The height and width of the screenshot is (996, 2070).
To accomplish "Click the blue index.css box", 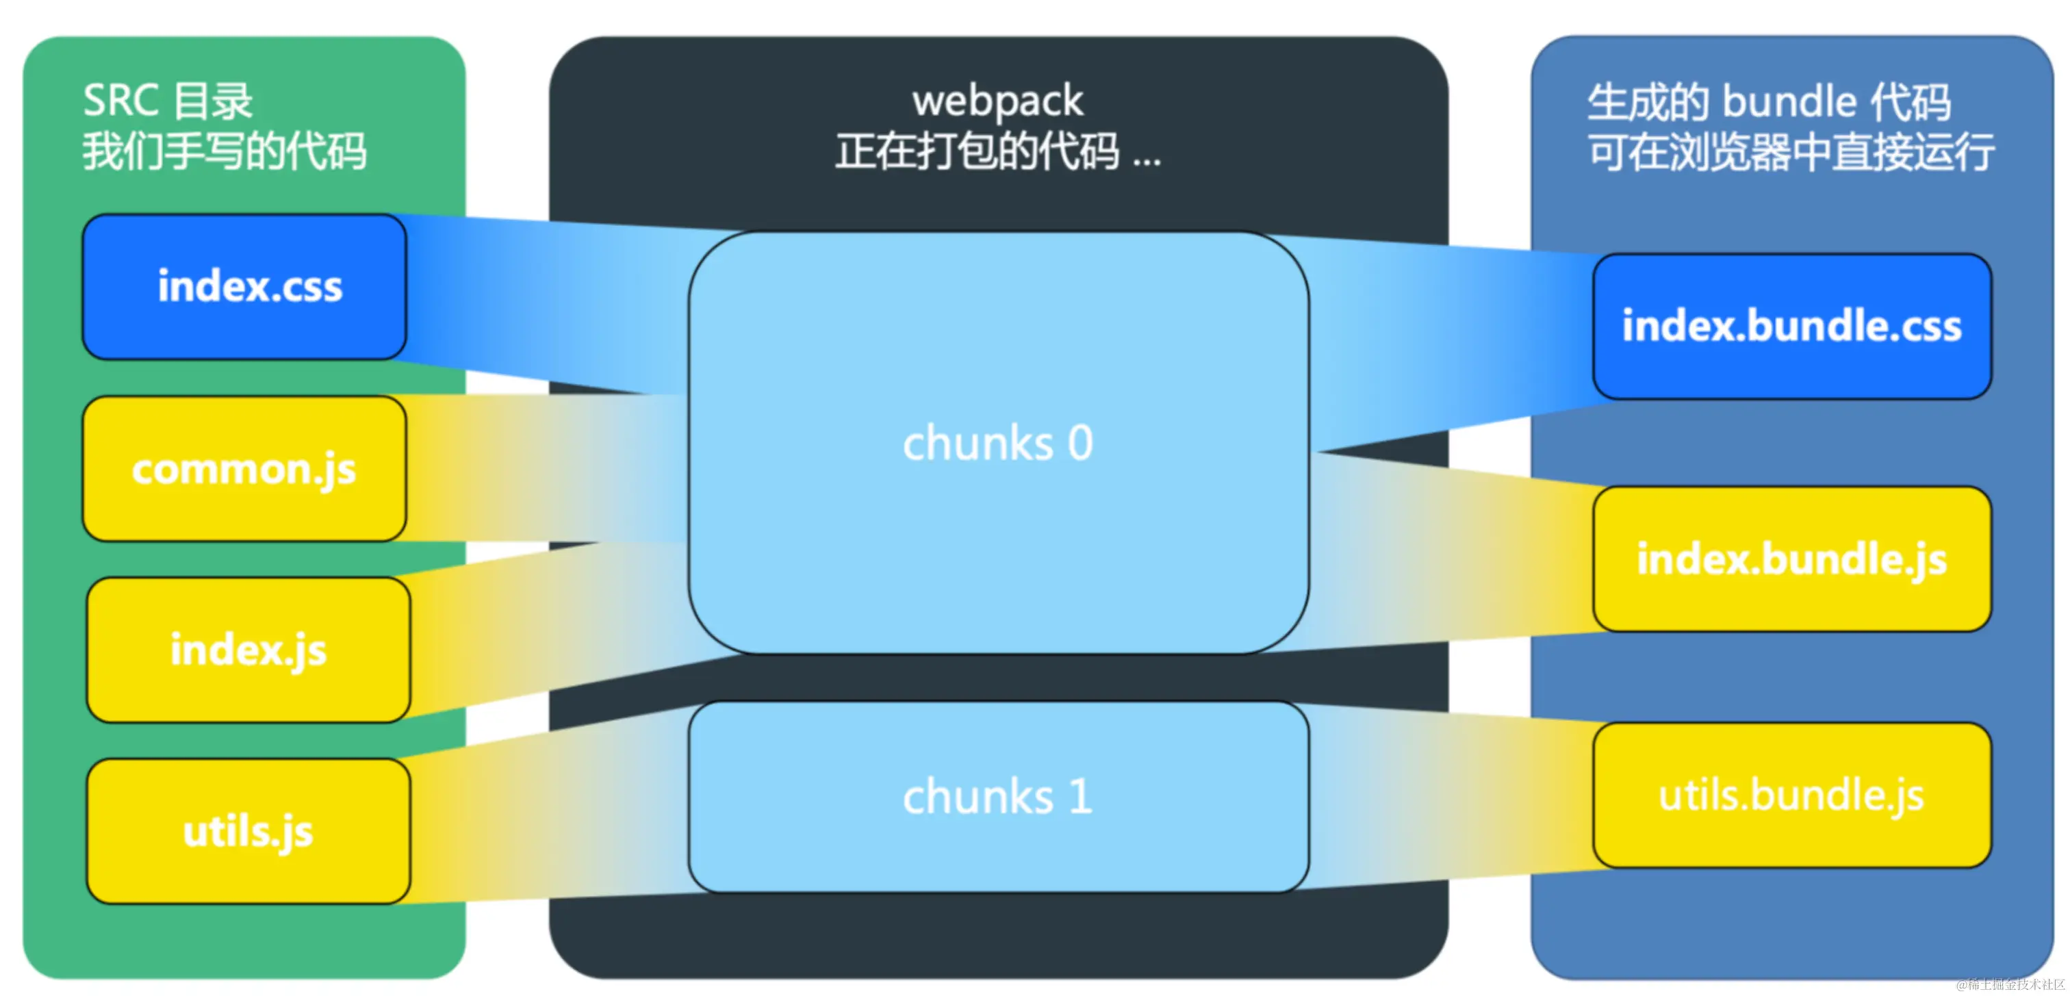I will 244,286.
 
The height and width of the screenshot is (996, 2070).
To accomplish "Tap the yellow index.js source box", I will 248,650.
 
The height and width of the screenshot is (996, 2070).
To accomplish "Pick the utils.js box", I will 248,830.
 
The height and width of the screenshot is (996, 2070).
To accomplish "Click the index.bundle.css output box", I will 1791,327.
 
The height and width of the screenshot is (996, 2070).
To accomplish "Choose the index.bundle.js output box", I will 1791,559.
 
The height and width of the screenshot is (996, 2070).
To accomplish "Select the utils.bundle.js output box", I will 1791,795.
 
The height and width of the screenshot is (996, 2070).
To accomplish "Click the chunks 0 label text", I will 997,443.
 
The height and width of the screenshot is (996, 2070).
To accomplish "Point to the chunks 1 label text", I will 997,797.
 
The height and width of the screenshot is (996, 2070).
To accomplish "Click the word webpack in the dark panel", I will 997,101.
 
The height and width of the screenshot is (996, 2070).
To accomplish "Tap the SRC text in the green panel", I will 120,101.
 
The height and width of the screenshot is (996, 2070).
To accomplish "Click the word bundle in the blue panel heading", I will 1789,102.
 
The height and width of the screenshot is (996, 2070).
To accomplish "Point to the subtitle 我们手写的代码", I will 225,152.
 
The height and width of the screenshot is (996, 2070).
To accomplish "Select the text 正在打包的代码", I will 977,152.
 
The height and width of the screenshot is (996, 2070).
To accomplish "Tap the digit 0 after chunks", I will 1080,443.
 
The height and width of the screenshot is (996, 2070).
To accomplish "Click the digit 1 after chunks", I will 1080,797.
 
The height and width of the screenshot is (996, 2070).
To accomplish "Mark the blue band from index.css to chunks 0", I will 546,305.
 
